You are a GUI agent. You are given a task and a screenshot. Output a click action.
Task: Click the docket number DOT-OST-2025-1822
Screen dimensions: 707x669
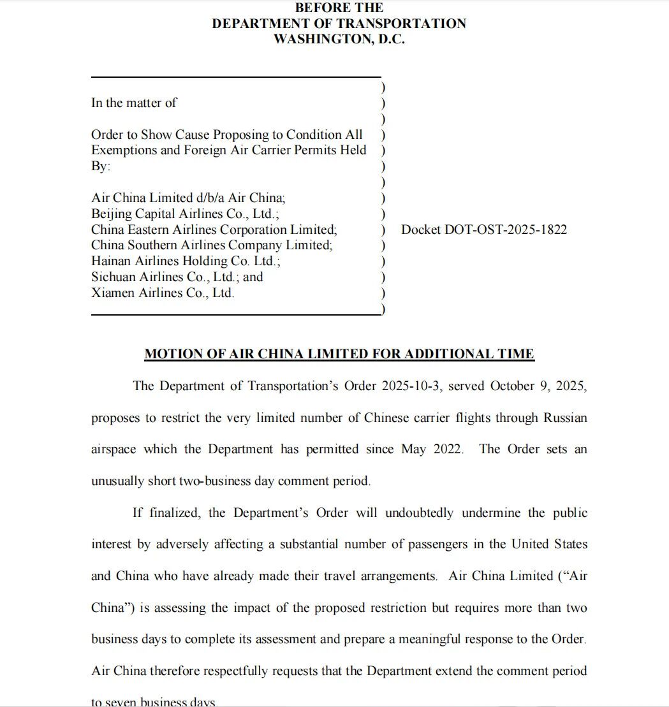coord(483,230)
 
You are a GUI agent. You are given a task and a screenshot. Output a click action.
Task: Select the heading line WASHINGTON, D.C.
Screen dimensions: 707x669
coord(339,39)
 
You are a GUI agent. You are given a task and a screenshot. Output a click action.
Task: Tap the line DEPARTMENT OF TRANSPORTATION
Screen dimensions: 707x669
coord(339,24)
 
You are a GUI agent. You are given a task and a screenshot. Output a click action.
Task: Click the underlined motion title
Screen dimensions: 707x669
coord(339,354)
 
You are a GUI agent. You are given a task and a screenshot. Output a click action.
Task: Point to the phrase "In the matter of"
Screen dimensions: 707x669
coord(134,103)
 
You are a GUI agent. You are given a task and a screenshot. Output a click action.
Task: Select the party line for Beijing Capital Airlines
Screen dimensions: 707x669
coord(185,214)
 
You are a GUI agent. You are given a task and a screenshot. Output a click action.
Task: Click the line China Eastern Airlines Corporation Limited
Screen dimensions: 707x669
coord(214,230)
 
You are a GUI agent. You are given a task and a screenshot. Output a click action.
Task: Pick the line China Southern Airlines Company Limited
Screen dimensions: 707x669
coord(212,245)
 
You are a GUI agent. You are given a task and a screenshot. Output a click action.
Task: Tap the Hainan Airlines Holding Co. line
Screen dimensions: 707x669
coord(186,261)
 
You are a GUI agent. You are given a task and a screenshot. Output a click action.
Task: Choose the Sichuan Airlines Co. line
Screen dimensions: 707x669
coord(177,277)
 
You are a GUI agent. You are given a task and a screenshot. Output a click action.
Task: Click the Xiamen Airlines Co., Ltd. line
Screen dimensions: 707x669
coord(163,293)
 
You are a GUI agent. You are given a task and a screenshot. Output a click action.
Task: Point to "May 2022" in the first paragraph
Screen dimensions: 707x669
coord(431,449)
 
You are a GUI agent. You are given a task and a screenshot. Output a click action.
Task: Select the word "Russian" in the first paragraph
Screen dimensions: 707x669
coord(565,418)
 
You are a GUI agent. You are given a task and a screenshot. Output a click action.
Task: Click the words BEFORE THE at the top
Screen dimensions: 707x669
coord(339,8)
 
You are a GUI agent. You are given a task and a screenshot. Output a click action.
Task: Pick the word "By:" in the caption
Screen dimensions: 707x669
coord(100,166)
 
